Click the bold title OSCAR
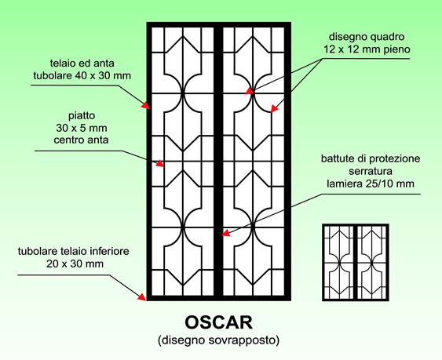(x=219, y=323)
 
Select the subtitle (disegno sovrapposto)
(x=219, y=340)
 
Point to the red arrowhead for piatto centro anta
(x=160, y=163)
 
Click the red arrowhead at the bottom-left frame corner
(x=142, y=297)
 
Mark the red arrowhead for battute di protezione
(x=225, y=233)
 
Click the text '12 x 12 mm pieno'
(x=367, y=49)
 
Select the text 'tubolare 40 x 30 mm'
(x=82, y=76)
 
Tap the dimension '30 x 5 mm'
(x=82, y=128)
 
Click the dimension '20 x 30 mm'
(x=75, y=264)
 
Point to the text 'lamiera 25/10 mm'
(x=371, y=184)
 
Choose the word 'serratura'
(x=371, y=171)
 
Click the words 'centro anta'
(x=81, y=140)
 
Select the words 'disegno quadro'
(x=367, y=37)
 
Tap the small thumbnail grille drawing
(x=356, y=263)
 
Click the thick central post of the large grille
(x=218, y=162)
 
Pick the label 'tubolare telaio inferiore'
(x=74, y=251)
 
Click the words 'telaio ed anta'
(x=82, y=64)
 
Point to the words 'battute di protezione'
(x=371, y=159)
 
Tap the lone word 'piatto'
(x=82, y=116)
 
